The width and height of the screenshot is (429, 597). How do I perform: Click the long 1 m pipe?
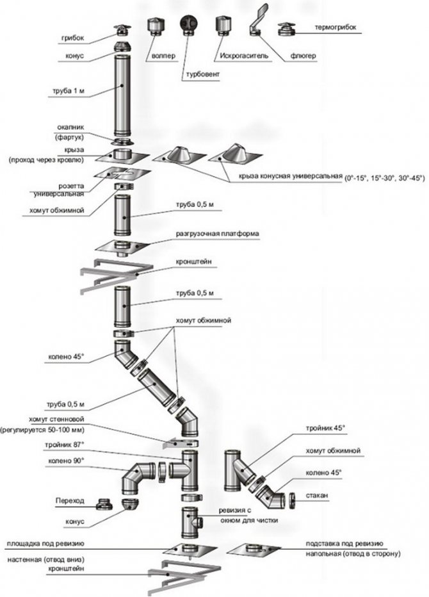122,93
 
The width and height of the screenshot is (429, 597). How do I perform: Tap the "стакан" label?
327,495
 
